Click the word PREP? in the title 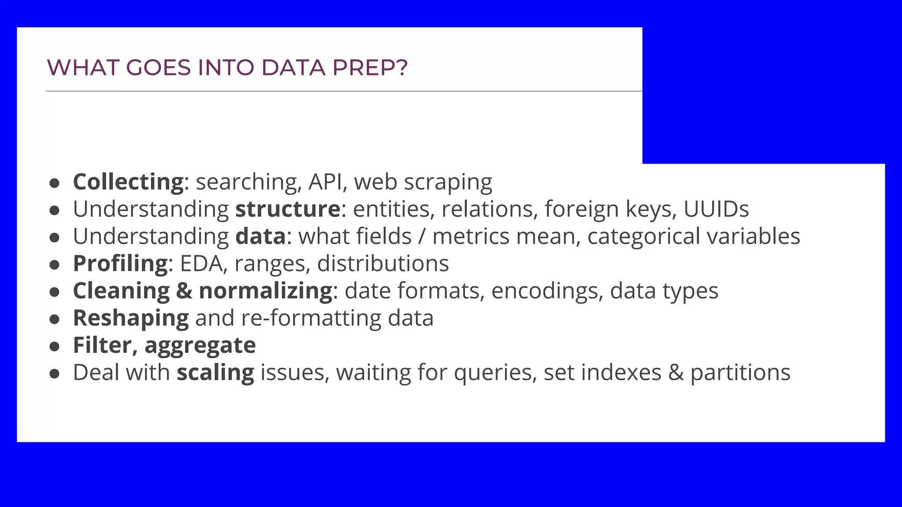tap(370, 68)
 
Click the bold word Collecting tap(128, 182)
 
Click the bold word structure tap(288, 209)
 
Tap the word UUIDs tap(716, 209)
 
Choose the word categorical tap(643, 237)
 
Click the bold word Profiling tap(120, 264)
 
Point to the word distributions tap(383, 264)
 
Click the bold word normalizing tap(266, 291)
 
